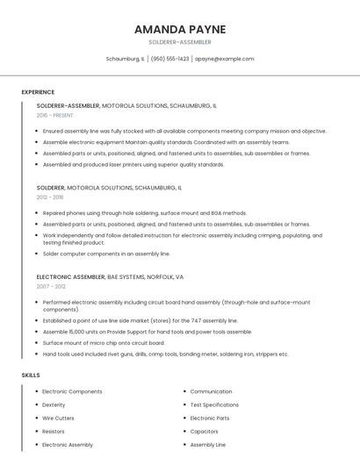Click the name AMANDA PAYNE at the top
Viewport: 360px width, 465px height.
click(179, 29)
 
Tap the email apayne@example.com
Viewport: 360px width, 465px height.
click(224, 59)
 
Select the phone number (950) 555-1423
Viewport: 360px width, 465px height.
click(169, 59)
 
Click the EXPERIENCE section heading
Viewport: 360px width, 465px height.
click(38, 92)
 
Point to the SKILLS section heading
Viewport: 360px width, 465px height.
click(31, 375)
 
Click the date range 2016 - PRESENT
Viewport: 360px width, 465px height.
click(54, 115)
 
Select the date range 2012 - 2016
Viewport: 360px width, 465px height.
click(50, 197)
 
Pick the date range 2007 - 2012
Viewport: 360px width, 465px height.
click(51, 286)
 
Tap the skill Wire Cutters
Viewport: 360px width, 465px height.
click(58, 418)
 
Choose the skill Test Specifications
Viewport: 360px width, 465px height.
click(214, 405)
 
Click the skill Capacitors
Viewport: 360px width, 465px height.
click(204, 432)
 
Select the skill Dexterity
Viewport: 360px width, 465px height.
click(54, 405)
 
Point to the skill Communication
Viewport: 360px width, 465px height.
click(211, 391)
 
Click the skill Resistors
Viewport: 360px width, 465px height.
click(54, 432)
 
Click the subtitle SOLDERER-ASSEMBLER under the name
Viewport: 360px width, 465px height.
click(179, 42)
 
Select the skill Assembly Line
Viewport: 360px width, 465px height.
click(207, 445)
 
